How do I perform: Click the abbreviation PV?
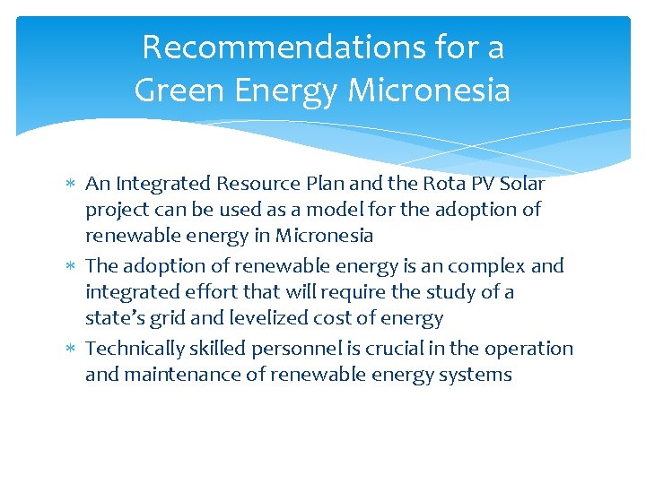coord(464,184)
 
